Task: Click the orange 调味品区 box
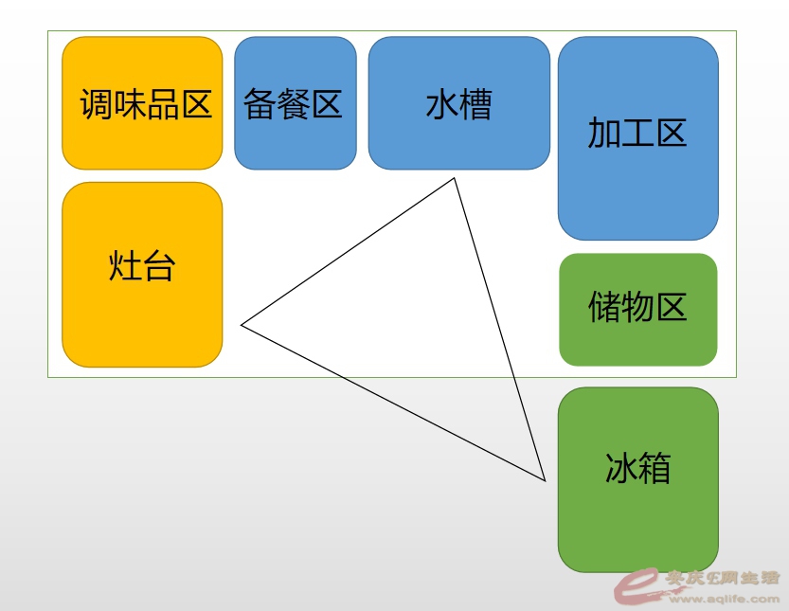(x=142, y=103)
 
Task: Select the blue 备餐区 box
(x=296, y=103)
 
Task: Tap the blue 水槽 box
(x=458, y=103)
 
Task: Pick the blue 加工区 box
(x=638, y=138)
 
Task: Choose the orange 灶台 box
(x=142, y=275)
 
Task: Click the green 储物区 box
(x=638, y=310)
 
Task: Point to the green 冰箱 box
(x=638, y=479)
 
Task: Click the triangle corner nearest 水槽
(x=454, y=178)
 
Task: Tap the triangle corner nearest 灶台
(x=242, y=325)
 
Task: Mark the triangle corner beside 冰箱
(x=545, y=480)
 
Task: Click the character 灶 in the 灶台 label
(x=124, y=266)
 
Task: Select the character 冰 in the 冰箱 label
(x=621, y=468)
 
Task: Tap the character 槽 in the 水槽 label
(x=475, y=104)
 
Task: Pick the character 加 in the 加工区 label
(x=604, y=133)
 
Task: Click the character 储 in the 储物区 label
(x=604, y=307)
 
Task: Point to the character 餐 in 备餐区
(x=293, y=104)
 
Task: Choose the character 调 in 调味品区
(x=97, y=104)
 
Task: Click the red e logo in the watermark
(x=637, y=585)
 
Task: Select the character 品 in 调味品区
(x=163, y=104)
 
